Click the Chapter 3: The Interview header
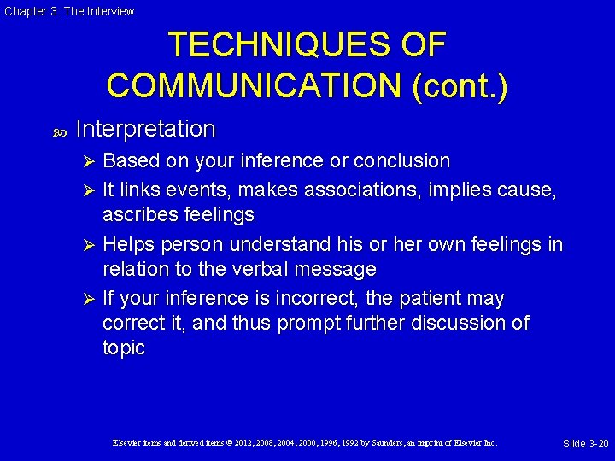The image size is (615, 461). (x=69, y=11)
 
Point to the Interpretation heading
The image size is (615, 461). (x=145, y=129)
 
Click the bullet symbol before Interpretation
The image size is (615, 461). (x=60, y=131)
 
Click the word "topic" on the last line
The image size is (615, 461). (x=124, y=347)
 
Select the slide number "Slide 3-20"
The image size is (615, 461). (x=585, y=443)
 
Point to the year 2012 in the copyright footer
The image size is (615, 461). (x=267, y=443)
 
